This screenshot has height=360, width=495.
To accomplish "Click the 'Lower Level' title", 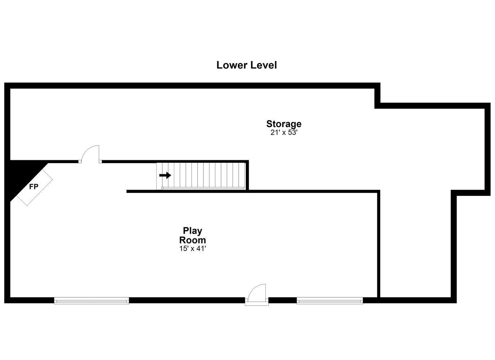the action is (246, 65).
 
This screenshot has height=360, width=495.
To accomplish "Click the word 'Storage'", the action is (284, 124).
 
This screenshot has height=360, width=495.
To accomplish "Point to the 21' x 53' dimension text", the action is (284, 132).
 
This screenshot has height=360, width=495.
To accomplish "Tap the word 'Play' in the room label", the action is (193, 231).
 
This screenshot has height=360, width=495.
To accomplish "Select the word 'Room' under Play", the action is (193, 240).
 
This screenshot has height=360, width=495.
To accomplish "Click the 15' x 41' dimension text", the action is (193, 249).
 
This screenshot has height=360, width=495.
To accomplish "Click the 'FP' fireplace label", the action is (34, 187).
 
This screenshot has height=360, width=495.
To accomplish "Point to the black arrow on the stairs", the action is (165, 175).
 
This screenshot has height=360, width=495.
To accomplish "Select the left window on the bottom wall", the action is (91, 301).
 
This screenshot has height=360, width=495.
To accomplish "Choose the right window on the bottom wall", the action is (330, 301).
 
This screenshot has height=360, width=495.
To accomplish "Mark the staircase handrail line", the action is (203, 188).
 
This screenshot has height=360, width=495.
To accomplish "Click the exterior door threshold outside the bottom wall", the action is (257, 303).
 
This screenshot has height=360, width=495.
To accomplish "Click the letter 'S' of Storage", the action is (269, 124).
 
